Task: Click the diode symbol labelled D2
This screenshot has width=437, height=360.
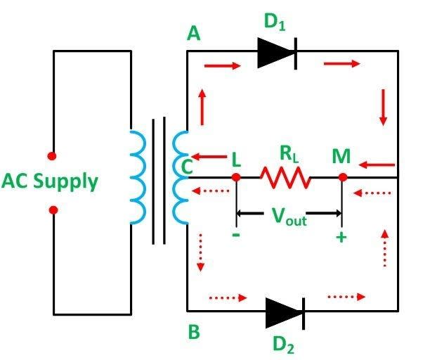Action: [285, 311]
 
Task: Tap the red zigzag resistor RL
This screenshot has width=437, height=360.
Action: [287, 177]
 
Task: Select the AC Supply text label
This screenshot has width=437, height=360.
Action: [49, 181]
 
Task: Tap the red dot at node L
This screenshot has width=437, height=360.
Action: [236, 177]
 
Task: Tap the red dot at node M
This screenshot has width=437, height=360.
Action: [342, 177]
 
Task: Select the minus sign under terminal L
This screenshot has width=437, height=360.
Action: [235, 236]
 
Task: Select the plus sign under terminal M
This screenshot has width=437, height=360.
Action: [341, 237]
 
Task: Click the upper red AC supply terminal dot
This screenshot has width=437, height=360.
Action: [51, 155]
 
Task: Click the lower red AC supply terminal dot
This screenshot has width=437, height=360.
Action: [53, 210]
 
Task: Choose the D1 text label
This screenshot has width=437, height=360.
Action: [275, 22]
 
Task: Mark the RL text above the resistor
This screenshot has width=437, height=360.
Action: [287, 153]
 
